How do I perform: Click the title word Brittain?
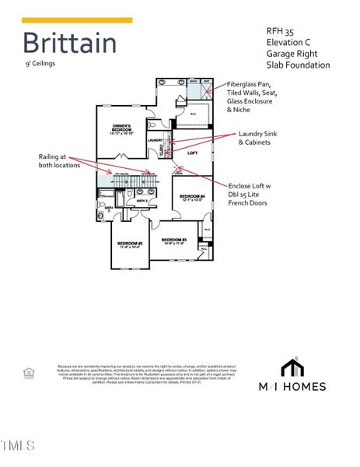click(69, 44)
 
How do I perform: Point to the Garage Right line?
click(295, 54)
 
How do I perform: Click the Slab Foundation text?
click(299, 65)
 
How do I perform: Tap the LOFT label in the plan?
click(193, 154)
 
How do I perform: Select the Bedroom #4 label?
click(191, 198)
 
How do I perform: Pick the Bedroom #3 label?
click(174, 241)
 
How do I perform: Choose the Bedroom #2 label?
click(130, 245)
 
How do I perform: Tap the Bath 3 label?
click(142, 201)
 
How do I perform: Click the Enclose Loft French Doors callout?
click(250, 195)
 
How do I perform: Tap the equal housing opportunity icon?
click(30, 374)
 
